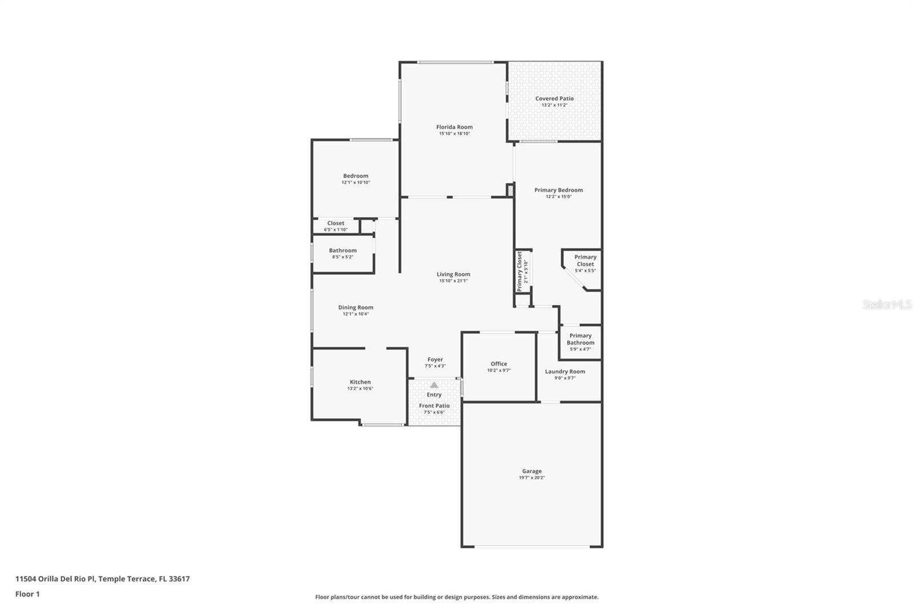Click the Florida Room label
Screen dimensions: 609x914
pyautogui.click(x=454, y=127)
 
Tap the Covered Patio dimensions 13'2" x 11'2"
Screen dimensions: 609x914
pyautogui.click(x=554, y=105)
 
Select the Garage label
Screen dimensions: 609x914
pyautogui.click(x=531, y=471)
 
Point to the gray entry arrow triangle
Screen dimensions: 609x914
pyautogui.click(x=434, y=385)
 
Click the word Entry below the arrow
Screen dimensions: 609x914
pyautogui.click(x=434, y=395)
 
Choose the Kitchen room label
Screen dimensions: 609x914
pyautogui.click(x=360, y=382)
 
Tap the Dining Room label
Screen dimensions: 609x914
pyautogui.click(x=355, y=307)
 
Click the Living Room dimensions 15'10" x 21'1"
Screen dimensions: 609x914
pyautogui.click(x=453, y=281)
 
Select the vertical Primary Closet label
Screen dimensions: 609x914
pyautogui.click(x=520, y=271)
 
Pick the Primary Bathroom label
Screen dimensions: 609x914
pyautogui.click(x=580, y=339)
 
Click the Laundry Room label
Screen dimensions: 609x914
pyautogui.click(x=564, y=371)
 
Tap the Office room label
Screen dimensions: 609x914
pyautogui.click(x=499, y=364)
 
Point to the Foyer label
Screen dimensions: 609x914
pyautogui.click(x=435, y=359)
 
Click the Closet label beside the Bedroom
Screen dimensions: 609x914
pyautogui.click(x=336, y=223)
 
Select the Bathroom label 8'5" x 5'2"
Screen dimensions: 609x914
pyautogui.click(x=343, y=250)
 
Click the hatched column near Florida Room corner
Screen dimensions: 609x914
pyautogui.click(x=510, y=190)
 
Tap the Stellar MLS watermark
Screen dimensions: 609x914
pyautogui.click(x=887, y=305)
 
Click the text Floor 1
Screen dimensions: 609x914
pyautogui.click(x=27, y=594)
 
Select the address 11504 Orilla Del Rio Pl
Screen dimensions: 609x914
pyautogui.click(x=55, y=579)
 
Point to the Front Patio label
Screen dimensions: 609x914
pyautogui.click(x=434, y=406)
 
